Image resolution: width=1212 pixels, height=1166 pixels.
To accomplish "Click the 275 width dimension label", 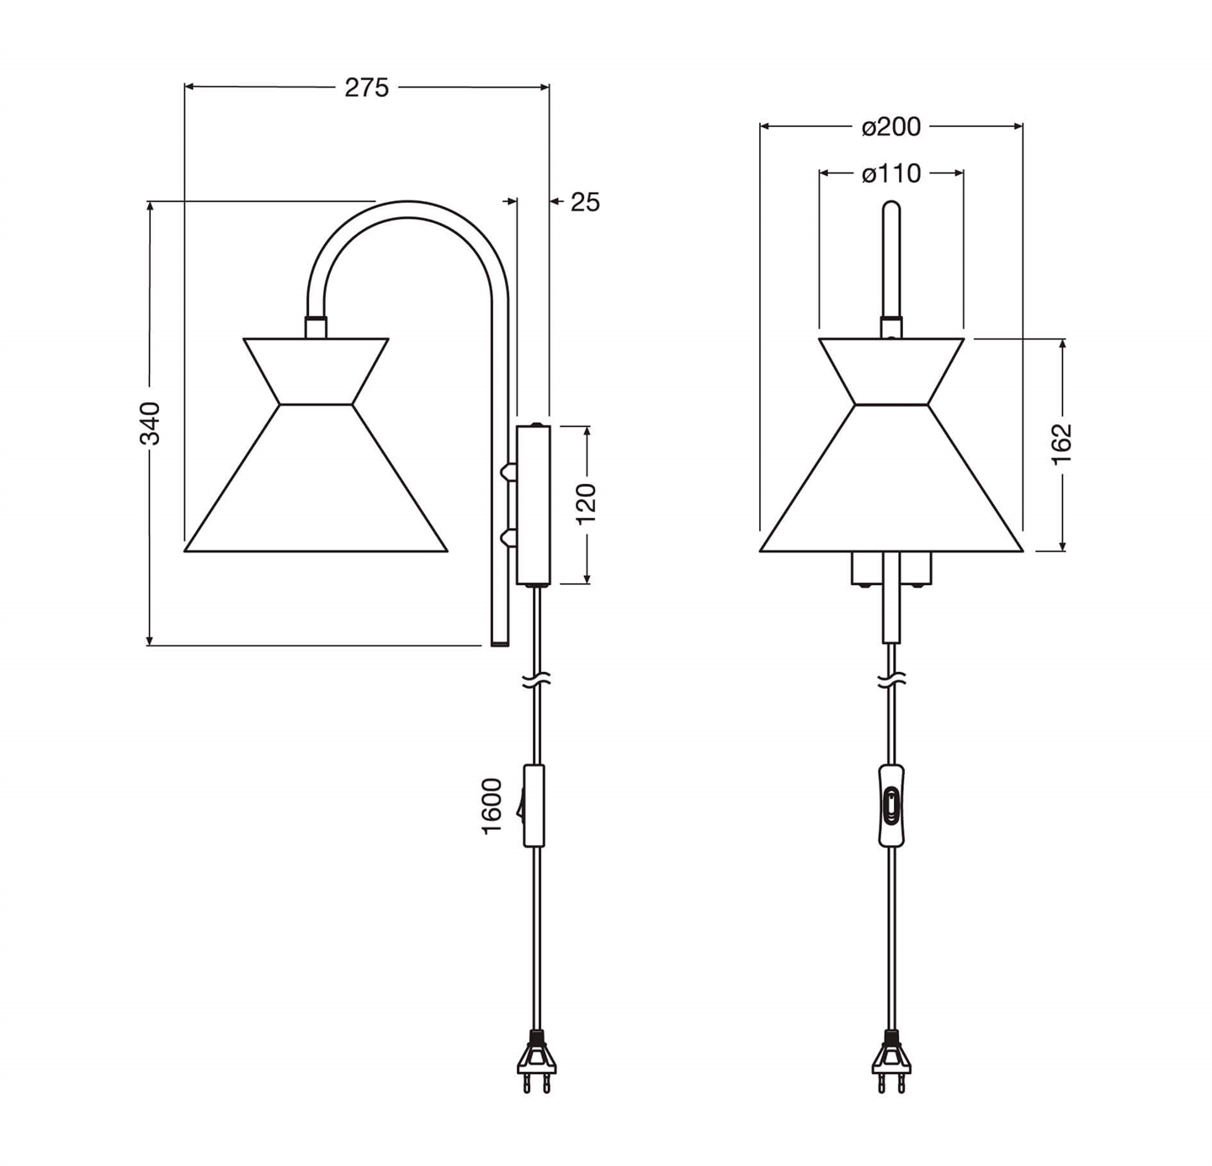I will pyautogui.click(x=367, y=88).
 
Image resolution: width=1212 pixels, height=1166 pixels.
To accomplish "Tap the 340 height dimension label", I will pyautogui.click(x=150, y=423).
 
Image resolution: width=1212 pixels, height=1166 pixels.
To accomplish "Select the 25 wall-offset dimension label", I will pyautogui.click(x=585, y=202).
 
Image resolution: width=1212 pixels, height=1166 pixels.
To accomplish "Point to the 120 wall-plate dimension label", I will pyautogui.click(x=587, y=503).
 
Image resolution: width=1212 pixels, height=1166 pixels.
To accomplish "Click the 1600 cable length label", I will pyautogui.click(x=492, y=806).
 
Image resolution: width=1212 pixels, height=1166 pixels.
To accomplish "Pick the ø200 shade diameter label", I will pyautogui.click(x=891, y=127).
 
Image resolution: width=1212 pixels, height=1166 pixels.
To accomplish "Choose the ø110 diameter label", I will pyautogui.click(x=891, y=174).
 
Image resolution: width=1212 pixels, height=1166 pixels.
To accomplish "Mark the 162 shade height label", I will pyautogui.click(x=1062, y=444).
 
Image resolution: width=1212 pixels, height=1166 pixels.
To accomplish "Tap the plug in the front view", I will pyautogui.click(x=890, y=1062).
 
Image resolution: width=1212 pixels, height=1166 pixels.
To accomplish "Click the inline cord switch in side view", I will pyautogui.click(x=533, y=805).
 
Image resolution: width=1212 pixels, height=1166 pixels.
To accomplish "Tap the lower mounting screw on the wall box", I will pyautogui.click(x=508, y=537).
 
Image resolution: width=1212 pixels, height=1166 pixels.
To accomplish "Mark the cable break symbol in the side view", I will pyautogui.click(x=536, y=682).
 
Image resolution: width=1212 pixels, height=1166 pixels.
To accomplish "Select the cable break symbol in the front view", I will pyautogui.click(x=890, y=681).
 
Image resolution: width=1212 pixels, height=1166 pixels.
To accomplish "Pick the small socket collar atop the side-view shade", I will pyautogui.click(x=316, y=327).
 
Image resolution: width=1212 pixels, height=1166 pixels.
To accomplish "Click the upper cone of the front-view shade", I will pyautogui.click(x=891, y=370).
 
